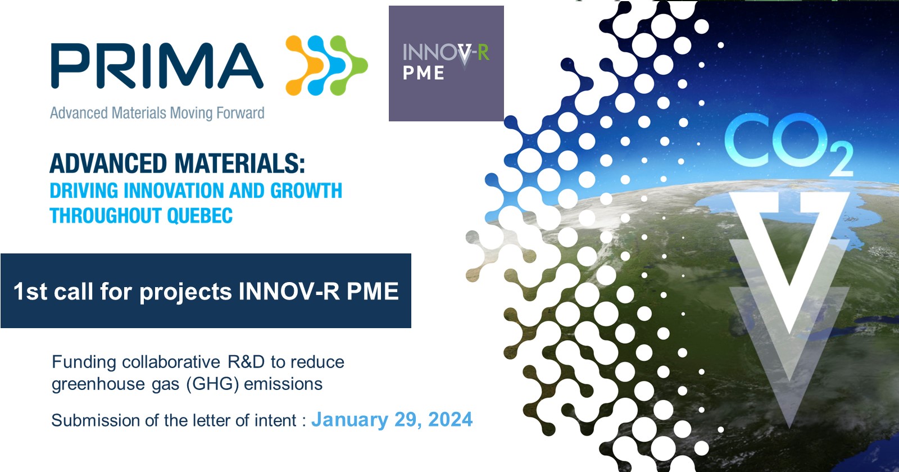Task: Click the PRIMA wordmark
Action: (x=157, y=65)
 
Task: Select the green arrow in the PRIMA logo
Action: (x=348, y=65)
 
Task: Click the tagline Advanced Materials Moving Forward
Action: (x=157, y=113)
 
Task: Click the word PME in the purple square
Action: (x=424, y=73)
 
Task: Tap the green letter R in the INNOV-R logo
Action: (x=483, y=52)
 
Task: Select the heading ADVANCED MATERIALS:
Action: (x=177, y=164)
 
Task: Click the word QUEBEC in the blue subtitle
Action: (x=199, y=216)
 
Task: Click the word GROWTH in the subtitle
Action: (x=306, y=190)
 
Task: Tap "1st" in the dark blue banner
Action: (x=30, y=291)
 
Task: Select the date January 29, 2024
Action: (x=392, y=420)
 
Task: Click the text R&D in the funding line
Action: (x=246, y=362)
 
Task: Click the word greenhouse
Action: (x=98, y=384)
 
